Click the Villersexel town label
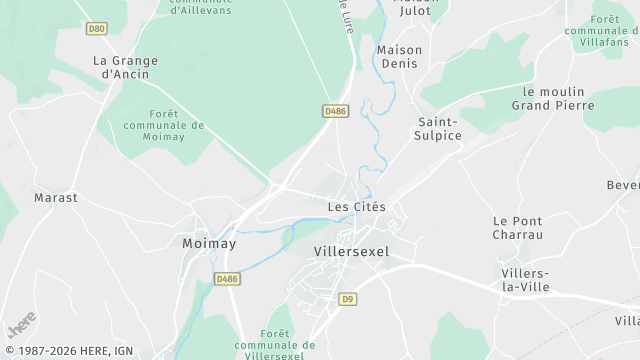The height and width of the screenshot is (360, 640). click(351, 252)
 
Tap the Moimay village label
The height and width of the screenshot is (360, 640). click(208, 243)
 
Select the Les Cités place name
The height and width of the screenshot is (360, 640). click(356, 207)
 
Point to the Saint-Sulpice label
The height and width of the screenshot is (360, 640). click(439, 128)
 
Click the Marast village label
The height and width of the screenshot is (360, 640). click(56, 197)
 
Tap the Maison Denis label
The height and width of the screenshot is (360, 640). click(399, 57)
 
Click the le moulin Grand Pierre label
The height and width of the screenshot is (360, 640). click(552, 97)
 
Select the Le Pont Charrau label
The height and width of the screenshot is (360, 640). click(517, 227)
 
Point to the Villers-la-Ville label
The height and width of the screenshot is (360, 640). click(525, 279)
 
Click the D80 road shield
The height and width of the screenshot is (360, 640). click(96, 29)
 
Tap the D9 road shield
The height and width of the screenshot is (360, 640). click(348, 298)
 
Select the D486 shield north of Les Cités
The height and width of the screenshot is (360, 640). click(335, 111)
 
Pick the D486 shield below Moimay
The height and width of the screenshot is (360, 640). click(227, 278)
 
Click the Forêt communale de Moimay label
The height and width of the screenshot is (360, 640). click(164, 125)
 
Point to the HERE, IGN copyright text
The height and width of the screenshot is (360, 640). click(80, 351)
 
